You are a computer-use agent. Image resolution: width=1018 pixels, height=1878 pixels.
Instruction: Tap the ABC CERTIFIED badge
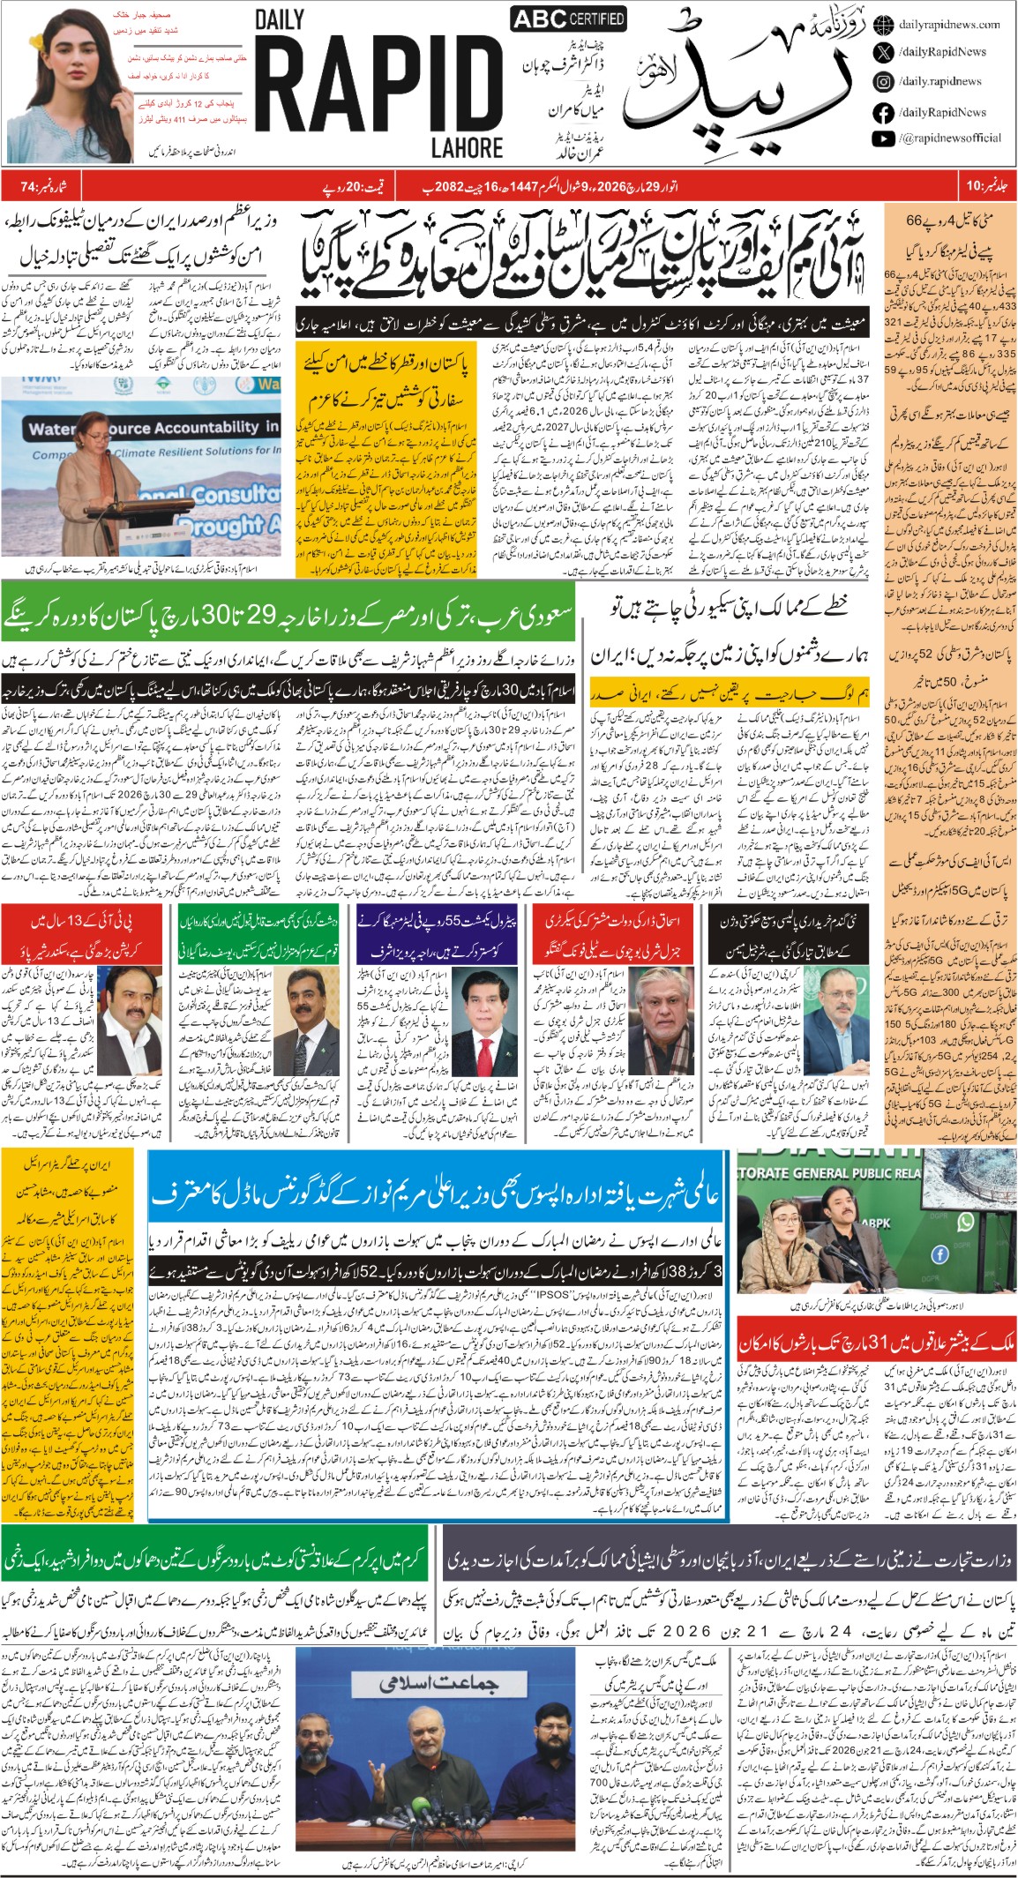coord(568,18)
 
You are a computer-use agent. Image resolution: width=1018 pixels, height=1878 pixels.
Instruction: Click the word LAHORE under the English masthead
coord(467,148)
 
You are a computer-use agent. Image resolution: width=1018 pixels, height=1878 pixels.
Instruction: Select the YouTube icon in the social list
coord(883,138)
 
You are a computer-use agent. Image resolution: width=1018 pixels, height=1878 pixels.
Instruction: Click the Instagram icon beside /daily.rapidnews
coord(883,82)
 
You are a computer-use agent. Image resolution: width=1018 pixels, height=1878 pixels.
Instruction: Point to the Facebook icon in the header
coord(883,113)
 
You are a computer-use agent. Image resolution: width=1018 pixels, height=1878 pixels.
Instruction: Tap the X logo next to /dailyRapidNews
coord(883,52)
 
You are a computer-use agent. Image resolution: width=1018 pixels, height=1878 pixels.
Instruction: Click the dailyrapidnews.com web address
coord(949,25)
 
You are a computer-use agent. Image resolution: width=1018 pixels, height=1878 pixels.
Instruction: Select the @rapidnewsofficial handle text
coord(950,138)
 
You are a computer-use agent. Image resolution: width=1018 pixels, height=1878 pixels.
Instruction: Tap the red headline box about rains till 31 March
coord(876,1343)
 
